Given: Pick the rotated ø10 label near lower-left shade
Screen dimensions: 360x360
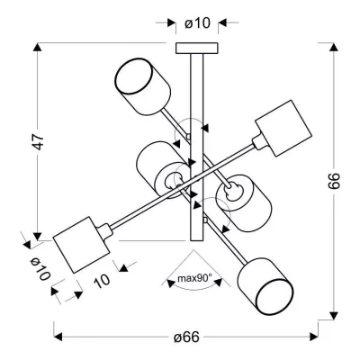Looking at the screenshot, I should pyautogui.click(x=37, y=269).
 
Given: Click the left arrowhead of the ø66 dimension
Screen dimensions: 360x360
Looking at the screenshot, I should pyautogui.click(x=58, y=337).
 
